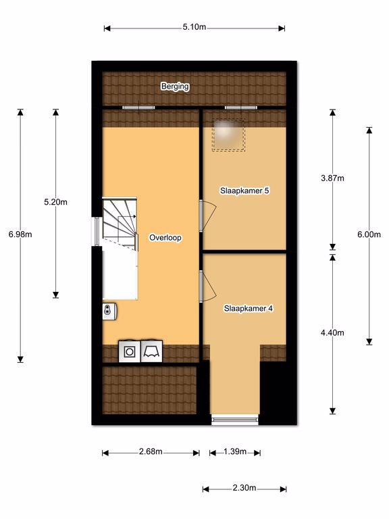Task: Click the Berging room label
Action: coord(175,86)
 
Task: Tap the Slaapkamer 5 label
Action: coord(244,191)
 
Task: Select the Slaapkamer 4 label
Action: coord(249,308)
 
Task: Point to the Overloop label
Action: coord(165,238)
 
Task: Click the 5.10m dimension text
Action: coord(194,27)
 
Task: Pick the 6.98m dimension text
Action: coord(20,234)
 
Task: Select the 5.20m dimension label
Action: coord(55,202)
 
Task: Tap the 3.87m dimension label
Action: coord(332,178)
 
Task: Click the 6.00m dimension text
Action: coord(369,234)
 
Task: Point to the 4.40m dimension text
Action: coord(332,332)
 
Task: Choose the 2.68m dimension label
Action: coord(151,451)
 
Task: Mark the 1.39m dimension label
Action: coord(235,451)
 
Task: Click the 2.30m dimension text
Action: coord(244,487)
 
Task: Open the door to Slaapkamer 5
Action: coord(207,216)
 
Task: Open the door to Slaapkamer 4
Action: coord(207,286)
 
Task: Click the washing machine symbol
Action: coord(130,351)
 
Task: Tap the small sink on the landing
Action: coord(109,311)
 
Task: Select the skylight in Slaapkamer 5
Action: coord(228,134)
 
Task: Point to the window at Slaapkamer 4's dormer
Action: coord(235,420)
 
